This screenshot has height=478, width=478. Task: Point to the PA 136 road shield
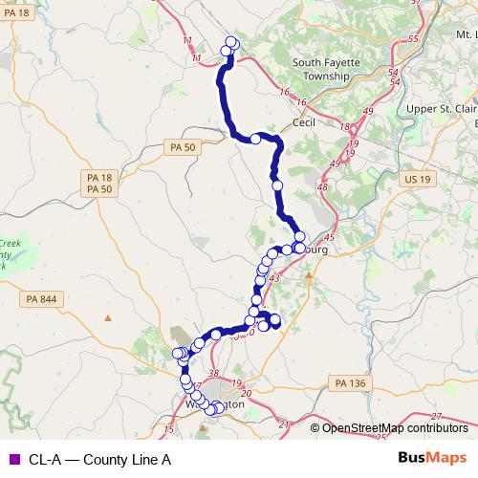[351, 383]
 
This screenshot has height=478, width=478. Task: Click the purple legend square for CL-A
[12, 459]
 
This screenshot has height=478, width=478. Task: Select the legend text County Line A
[99, 459]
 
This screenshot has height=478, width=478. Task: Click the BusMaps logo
[431, 458]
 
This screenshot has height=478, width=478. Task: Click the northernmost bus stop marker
[230, 41]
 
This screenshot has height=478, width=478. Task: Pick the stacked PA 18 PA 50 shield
[99, 185]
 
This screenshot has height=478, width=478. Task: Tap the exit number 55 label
[413, 39]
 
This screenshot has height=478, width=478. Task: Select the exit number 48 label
[321, 186]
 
